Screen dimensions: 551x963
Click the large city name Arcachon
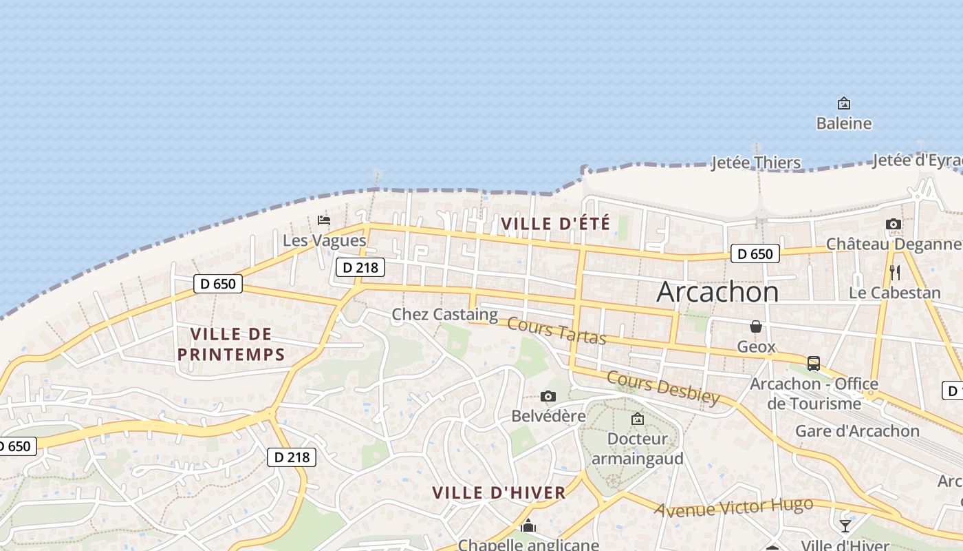click(x=717, y=292)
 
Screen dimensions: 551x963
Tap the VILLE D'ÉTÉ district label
click(x=555, y=224)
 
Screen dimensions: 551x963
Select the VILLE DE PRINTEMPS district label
click(x=231, y=344)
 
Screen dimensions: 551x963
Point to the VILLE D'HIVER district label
click(x=499, y=492)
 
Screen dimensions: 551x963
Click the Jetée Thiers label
click(x=755, y=163)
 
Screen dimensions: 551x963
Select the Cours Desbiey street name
click(x=663, y=388)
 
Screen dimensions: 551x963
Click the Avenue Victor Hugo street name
click(x=733, y=508)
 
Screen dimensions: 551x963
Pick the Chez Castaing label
click(x=444, y=315)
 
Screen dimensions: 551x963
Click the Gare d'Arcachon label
click(x=857, y=431)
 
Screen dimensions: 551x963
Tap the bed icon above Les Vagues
click(x=324, y=220)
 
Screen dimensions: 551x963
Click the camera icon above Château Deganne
click(x=894, y=224)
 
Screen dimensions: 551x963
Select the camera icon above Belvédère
click(x=548, y=396)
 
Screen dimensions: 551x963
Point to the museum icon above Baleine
click(x=844, y=104)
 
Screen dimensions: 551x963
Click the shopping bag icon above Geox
click(x=756, y=326)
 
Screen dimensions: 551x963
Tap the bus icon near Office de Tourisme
click(x=814, y=363)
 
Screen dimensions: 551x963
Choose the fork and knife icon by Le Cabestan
click(x=894, y=272)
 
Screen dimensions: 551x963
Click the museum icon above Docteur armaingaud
click(x=638, y=418)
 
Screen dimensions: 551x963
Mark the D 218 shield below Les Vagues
click(x=360, y=267)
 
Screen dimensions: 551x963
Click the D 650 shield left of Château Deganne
click(x=755, y=253)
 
